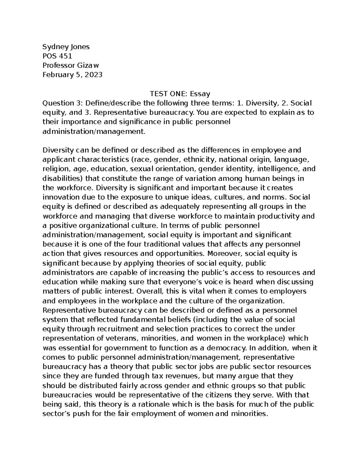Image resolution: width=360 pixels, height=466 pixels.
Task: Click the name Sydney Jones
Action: point(66,47)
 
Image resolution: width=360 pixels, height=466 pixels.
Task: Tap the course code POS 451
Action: point(57,56)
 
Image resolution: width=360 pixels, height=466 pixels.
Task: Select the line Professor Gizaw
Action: point(70,65)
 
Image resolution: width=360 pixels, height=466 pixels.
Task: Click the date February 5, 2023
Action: point(72,75)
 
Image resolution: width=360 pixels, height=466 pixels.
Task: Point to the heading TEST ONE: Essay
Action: point(180,94)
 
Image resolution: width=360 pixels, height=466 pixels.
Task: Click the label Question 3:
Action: point(62,103)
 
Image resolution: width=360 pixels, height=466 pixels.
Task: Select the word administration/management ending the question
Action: point(94,131)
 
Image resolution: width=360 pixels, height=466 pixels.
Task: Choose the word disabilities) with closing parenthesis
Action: point(63,179)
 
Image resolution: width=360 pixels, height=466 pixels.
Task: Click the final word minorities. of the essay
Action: point(249,414)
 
